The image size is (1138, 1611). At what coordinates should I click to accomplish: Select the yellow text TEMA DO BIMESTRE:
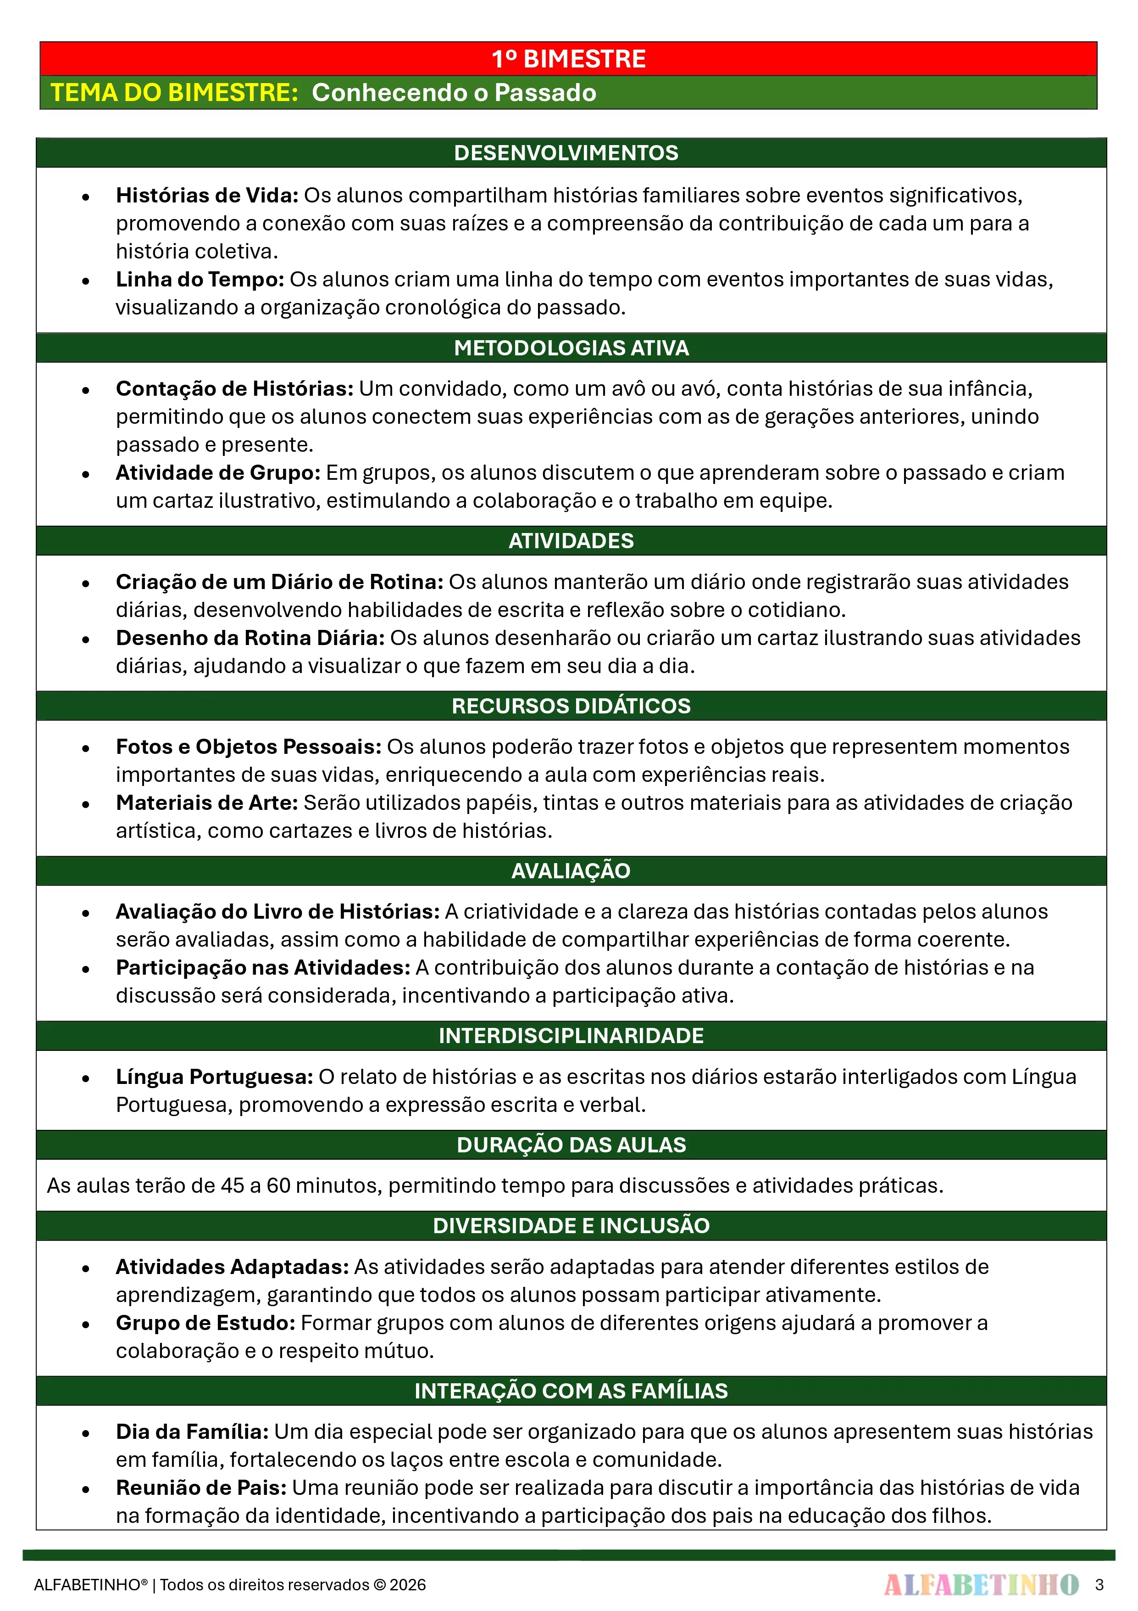tap(175, 93)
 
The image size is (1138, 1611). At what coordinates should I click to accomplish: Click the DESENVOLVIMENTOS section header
tap(566, 153)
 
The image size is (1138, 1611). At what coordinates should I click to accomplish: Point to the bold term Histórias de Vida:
tap(207, 195)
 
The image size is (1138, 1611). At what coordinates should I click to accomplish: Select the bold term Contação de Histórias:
tap(234, 389)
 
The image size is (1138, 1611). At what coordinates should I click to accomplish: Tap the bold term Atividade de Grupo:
tap(217, 473)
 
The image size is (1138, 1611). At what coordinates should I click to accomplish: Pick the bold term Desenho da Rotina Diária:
tap(250, 638)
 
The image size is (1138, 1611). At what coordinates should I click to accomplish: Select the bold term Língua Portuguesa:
tap(214, 1077)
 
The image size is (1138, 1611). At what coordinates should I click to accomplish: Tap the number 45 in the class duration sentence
tap(232, 1186)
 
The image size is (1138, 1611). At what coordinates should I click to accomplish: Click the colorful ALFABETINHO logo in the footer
tap(981, 1585)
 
